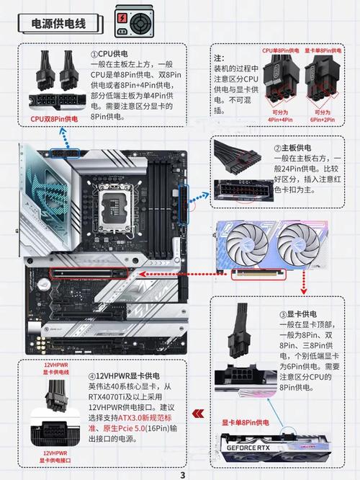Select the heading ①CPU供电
[x=110, y=55]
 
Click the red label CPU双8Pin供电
[x=54, y=119]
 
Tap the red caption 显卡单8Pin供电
[x=245, y=422]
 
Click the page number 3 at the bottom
[x=182, y=475]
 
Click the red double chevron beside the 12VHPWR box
[x=199, y=414]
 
